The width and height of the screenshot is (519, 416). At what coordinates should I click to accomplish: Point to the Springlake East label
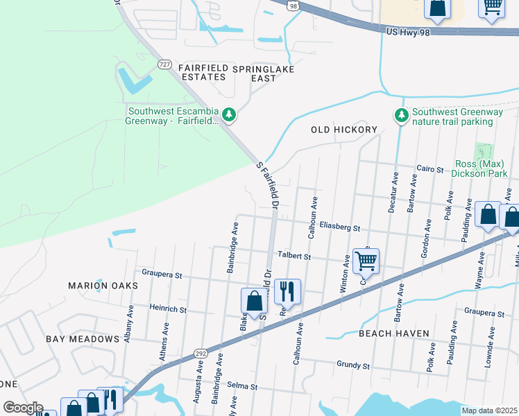263,73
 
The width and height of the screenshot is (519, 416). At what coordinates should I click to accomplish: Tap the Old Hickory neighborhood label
343,130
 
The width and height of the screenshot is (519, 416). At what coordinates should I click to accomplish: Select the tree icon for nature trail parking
400,115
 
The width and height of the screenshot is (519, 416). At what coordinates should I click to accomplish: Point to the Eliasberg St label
340,227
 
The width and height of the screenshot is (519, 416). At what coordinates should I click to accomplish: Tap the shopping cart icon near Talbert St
366,261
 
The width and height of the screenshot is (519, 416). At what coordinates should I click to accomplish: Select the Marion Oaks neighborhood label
98,285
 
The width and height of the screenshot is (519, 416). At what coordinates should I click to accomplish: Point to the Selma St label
243,385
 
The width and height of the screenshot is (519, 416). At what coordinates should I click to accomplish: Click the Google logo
22,408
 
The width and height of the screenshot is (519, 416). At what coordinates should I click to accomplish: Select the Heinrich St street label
168,308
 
